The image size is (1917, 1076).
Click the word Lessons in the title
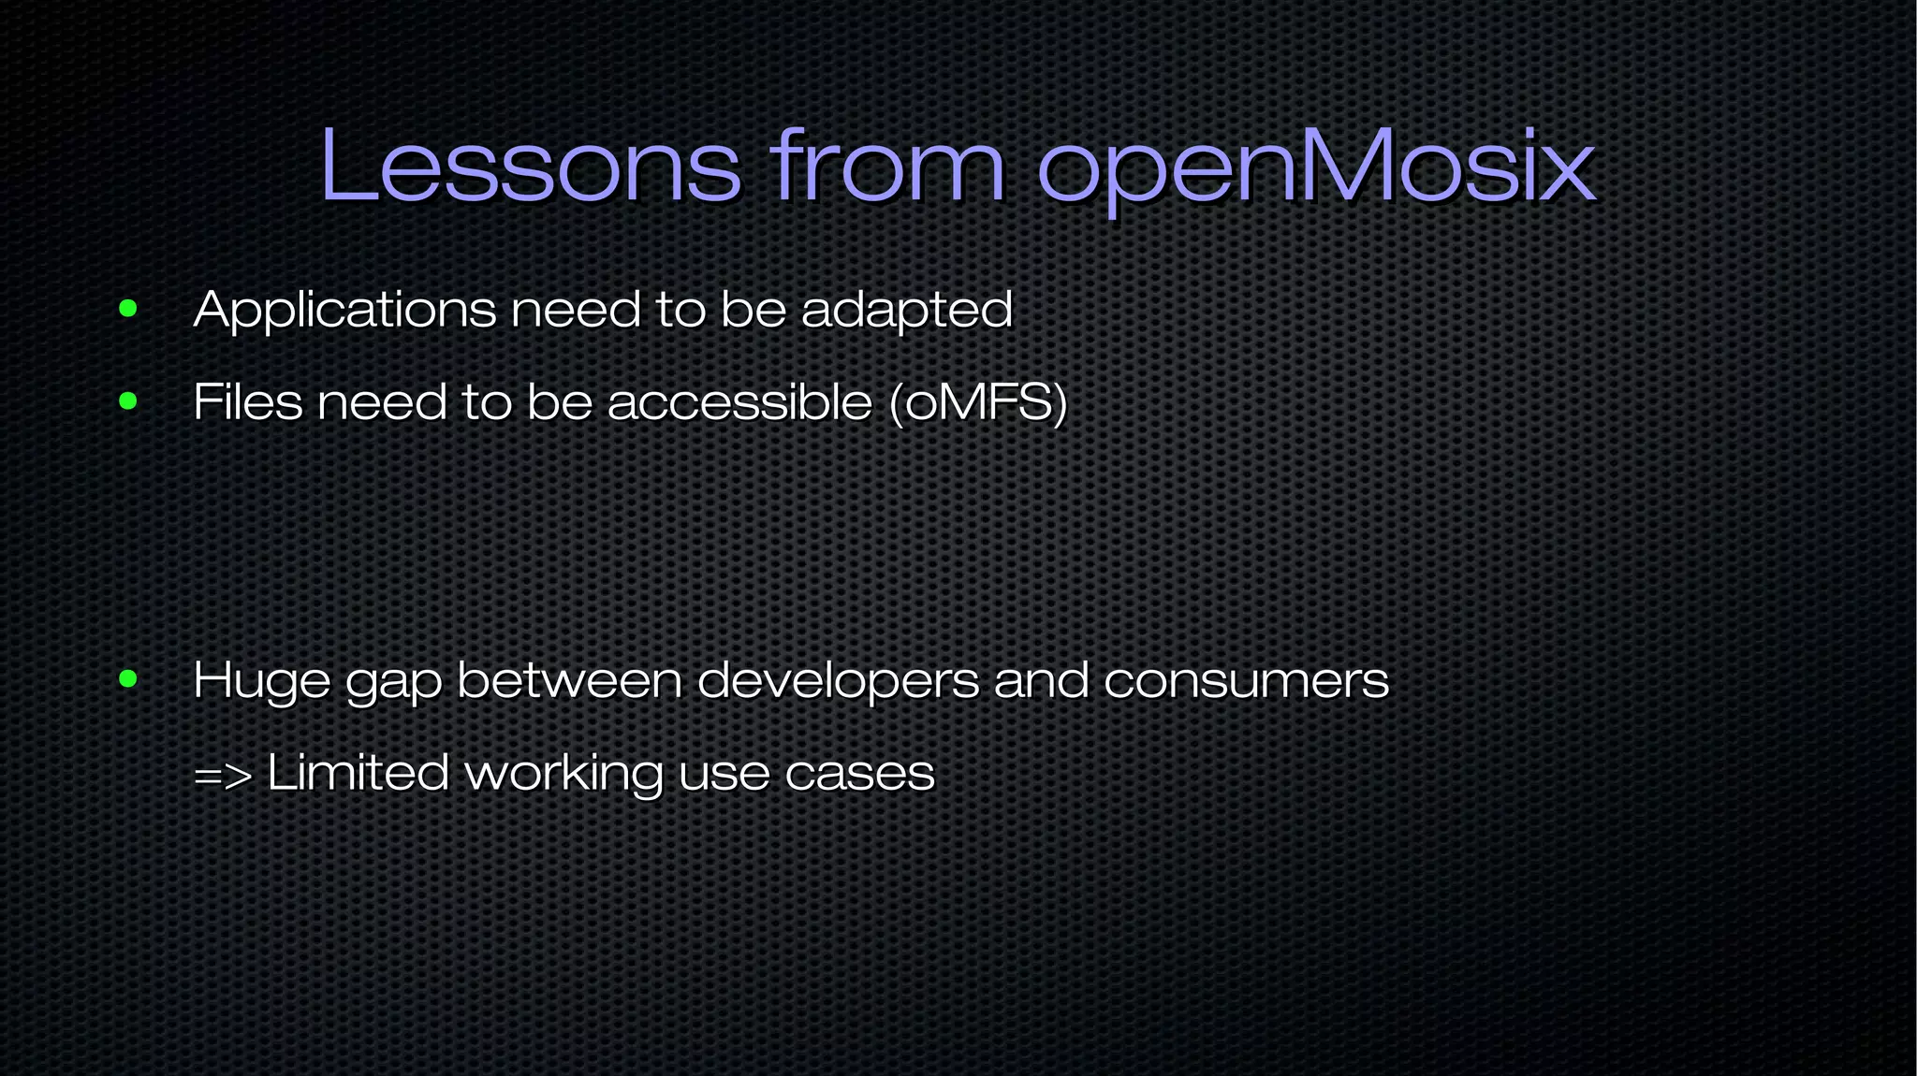[530, 167]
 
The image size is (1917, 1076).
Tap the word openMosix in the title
[1315, 168]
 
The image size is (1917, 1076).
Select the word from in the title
[887, 167]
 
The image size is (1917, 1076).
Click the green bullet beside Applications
[128, 309]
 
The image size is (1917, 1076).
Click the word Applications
[344, 311]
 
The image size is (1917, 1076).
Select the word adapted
[906, 311]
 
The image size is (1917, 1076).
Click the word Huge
[261, 681]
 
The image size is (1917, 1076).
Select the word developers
[838, 681]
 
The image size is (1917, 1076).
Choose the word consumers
[1246, 681]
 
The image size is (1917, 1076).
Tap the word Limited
[358, 773]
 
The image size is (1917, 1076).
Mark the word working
[564, 775]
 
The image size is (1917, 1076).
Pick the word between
[569, 680]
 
